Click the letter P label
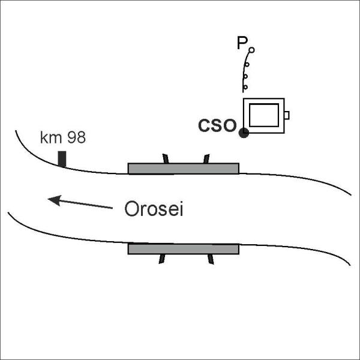pyautogui.click(x=242, y=43)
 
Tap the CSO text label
pyautogui.click(x=217, y=125)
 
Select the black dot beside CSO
pyautogui.click(x=244, y=133)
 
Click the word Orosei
pyautogui.click(x=154, y=208)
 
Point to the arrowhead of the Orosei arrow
pyautogui.click(x=54, y=200)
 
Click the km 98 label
pyautogui.click(x=63, y=137)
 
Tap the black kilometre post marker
pyautogui.click(x=62, y=159)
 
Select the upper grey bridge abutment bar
pyautogui.click(x=184, y=169)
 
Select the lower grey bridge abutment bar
pyautogui.click(x=184, y=249)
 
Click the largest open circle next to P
pyautogui.click(x=251, y=50)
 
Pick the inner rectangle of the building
pyautogui.click(x=264, y=115)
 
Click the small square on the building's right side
pyautogui.click(x=287, y=115)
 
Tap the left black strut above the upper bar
pyautogui.click(x=166, y=158)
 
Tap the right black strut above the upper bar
pyautogui.click(x=206, y=158)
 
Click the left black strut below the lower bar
pyautogui.click(x=162, y=259)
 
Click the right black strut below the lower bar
pyautogui.click(x=211, y=259)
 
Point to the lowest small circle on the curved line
pyautogui.click(x=245, y=87)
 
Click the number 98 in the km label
pyautogui.click(x=76, y=137)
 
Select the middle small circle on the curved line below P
pyautogui.click(x=246, y=76)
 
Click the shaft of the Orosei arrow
pyautogui.click(x=86, y=205)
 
